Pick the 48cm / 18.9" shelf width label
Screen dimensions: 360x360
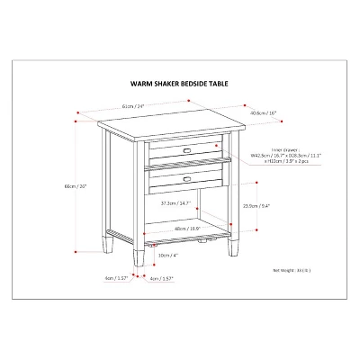pyautogui.click(x=188, y=229)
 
